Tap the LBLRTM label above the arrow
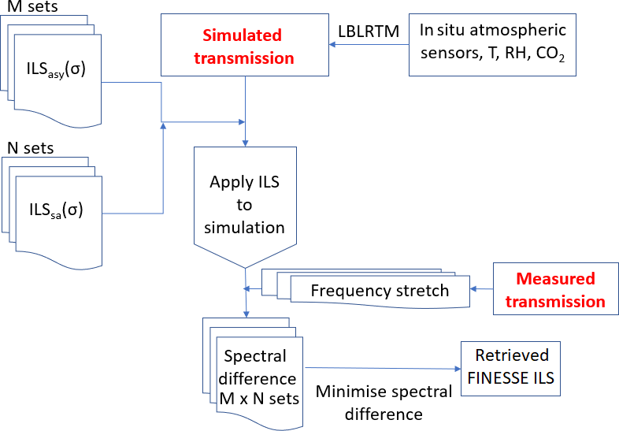coord(369,32)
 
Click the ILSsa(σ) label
coord(55,210)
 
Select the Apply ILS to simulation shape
coord(245,205)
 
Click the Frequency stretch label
coord(380,290)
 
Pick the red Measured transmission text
coord(555,290)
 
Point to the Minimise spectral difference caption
coord(384,402)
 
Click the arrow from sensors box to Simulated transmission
coord(369,45)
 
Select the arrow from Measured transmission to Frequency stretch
coord(481,289)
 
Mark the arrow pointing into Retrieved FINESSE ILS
coord(382,367)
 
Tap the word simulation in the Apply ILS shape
coord(244,228)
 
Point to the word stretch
coord(422,290)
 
